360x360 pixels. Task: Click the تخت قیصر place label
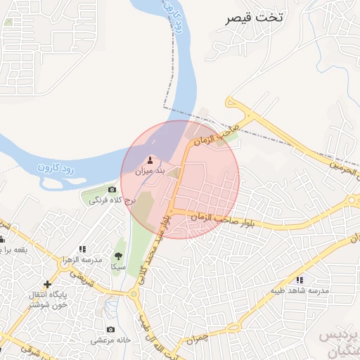[x=254, y=18]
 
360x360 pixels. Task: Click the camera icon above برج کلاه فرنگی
[x=112, y=190]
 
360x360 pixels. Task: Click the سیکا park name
[x=117, y=267]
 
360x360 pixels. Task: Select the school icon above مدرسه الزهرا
[x=82, y=249]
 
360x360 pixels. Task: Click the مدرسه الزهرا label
[x=83, y=259]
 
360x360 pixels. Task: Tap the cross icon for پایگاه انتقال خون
[x=47, y=284]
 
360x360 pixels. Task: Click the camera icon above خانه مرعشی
[x=110, y=330]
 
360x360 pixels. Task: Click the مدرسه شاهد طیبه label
[x=301, y=290]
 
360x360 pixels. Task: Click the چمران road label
[x=199, y=340]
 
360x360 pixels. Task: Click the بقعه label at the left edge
[x=14, y=250]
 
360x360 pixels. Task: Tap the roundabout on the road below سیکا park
[x=134, y=293]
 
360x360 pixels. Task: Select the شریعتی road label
[x=84, y=279]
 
